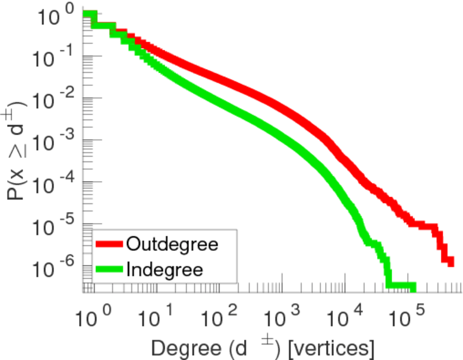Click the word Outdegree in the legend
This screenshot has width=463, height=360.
click(x=172, y=244)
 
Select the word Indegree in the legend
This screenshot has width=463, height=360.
click(x=165, y=269)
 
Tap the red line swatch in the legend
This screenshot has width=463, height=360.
click(x=109, y=244)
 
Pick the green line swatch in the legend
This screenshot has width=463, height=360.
click(x=109, y=269)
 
